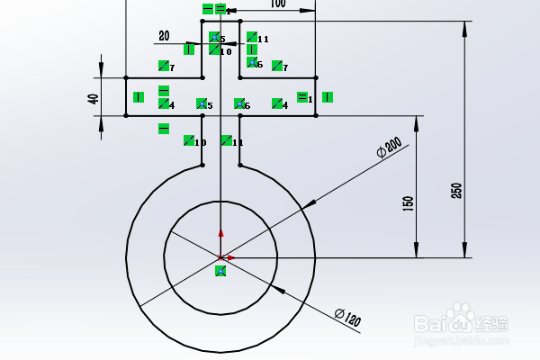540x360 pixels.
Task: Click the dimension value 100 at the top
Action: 277,4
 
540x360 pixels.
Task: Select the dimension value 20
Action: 164,36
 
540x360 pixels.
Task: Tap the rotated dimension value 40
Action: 94,98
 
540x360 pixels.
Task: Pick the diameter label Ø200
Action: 389,148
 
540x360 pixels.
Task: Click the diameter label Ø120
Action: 346,316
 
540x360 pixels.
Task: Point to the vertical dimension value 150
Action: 408,204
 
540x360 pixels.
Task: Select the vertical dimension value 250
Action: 456,191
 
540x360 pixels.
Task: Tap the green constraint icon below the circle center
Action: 220,271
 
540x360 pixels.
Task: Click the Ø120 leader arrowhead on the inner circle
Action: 275,290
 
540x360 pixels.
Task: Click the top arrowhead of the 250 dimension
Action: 465,30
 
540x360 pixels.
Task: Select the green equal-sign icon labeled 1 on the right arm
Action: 303,97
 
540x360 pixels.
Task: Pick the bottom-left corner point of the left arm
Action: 126,115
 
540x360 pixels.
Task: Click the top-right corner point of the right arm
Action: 315,77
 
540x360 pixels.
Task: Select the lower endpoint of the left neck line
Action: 202,165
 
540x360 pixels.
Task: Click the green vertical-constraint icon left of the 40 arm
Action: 139,97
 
